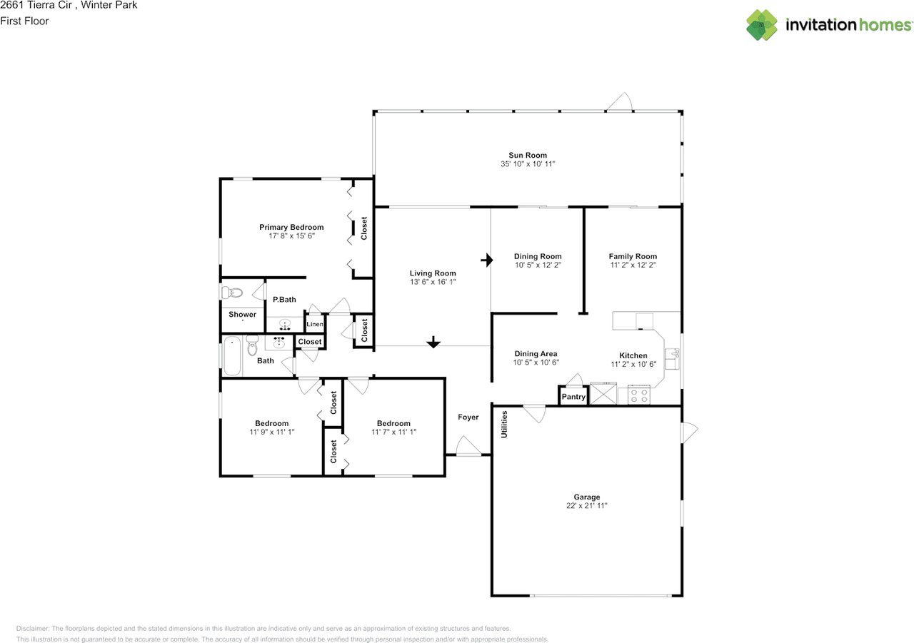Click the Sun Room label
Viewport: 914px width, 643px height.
click(528, 156)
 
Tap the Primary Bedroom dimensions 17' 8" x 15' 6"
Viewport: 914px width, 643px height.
click(291, 236)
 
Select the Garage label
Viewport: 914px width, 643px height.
click(587, 497)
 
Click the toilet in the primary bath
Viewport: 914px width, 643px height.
click(232, 293)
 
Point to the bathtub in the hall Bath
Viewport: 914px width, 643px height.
click(232, 356)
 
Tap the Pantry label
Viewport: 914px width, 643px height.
click(573, 397)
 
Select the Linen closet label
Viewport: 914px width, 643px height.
click(315, 324)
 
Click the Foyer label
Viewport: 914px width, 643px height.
click(468, 417)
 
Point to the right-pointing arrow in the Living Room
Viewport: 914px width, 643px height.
click(487, 260)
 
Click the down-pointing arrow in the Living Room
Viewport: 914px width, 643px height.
click(433, 342)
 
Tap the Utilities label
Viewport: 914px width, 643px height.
click(504, 425)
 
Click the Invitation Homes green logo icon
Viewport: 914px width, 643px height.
click(762, 25)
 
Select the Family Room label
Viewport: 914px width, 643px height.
click(633, 256)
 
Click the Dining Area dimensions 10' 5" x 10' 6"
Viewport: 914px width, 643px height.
click(536, 363)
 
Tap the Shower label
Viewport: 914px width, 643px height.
click(242, 315)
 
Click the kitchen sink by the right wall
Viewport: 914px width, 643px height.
click(672, 359)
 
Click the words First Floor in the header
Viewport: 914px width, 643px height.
click(24, 21)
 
